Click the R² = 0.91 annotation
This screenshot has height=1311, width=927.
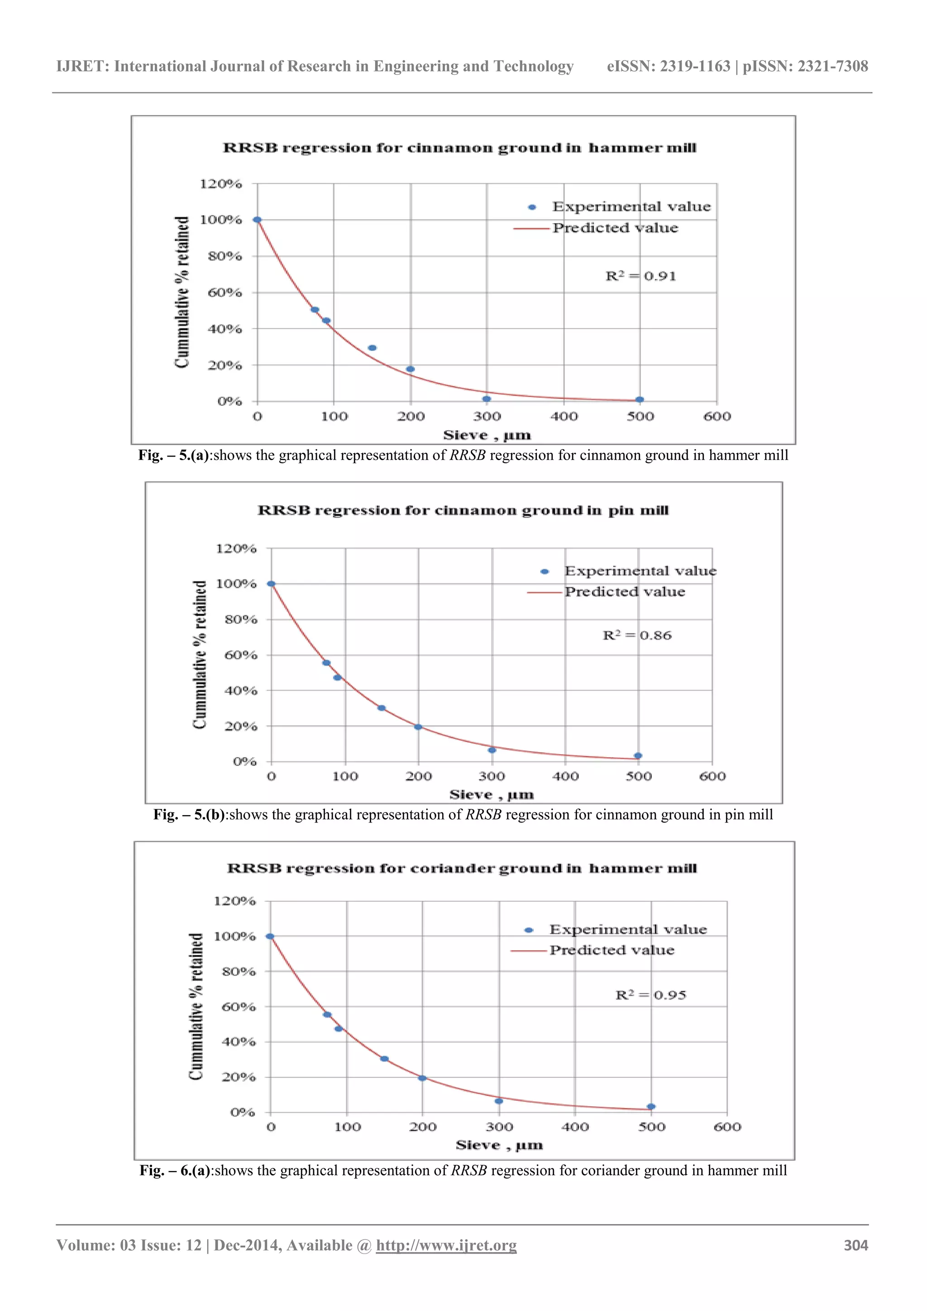click(640, 276)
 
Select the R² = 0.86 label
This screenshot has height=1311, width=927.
click(637, 635)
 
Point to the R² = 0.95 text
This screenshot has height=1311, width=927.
click(651, 995)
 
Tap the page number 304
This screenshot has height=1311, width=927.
click(855, 1245)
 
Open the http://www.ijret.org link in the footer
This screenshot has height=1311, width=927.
click(446, 1245)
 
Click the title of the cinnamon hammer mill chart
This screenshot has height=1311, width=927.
click(459, 148)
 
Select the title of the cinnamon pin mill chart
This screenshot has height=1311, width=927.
click(463, 510)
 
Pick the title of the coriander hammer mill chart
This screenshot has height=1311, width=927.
click(462, 869)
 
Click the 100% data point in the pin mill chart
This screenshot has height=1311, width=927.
click(271, 584)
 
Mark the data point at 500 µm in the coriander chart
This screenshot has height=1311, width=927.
click(651, 1107)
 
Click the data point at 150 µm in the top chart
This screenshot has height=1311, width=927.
click(372, 348)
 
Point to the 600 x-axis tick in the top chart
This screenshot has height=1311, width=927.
click(717, 417)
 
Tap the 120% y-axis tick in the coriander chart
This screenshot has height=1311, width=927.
click(234, 901)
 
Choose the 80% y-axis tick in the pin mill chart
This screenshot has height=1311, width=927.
click(241, 619)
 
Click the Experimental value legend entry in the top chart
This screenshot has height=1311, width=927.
click(631, 206)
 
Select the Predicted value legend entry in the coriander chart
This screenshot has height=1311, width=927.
click(612, 950)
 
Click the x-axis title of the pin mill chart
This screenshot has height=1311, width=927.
click(492, 795)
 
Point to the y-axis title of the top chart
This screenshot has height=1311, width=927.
click(182, 293)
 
